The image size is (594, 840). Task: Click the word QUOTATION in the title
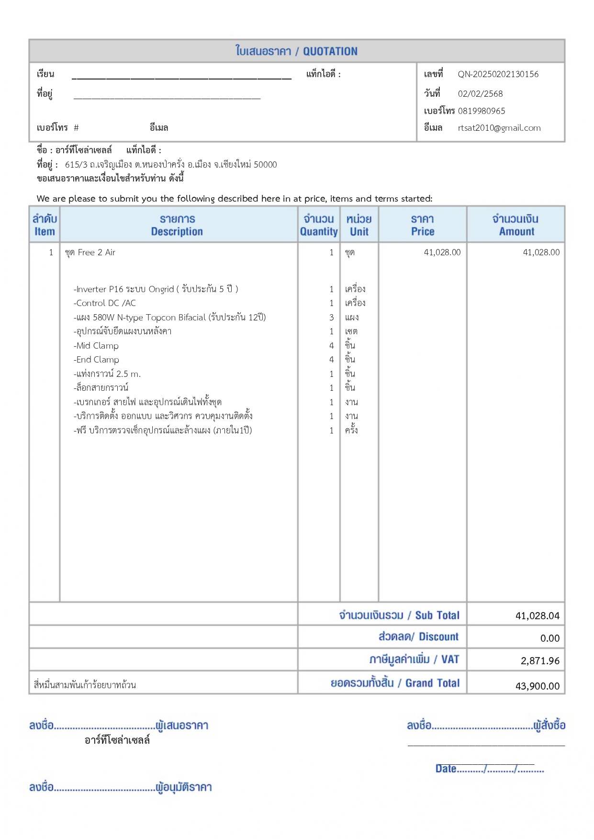pyautogui.click(x=330, y=51)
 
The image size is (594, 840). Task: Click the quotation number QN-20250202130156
pyautogui.click(x=498, y=74)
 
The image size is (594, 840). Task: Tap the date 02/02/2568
pyautogui.click(x=480, y=94)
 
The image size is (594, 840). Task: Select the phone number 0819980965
pyautogui.click(x=481, y=111)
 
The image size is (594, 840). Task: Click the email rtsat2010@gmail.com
pyautogui.click(x=499, y=128)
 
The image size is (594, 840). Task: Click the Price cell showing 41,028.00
pyautogui.click(x=442, y=252)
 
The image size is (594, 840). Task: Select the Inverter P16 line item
pyautogui.click(x=156, y=289)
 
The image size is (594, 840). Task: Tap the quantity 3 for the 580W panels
pyautogui.click(x=331, y=318)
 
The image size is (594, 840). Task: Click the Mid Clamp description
pyautogui.click(x=96, y=346)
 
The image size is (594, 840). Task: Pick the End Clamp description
pyautogui.click(x=97, y=360)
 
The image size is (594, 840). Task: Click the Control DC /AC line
pyautogui.click(x=105, y=303)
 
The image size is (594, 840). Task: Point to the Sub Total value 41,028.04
pyautogui.click(x=537, y=616)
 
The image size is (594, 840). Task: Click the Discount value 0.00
pyautogui.click(x=549, y=638)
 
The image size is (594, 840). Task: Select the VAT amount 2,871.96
pyautogui.click(x=540, y=661)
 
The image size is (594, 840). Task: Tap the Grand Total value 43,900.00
pyautogui.click(x=537, y=686)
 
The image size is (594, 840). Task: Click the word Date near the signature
pyautogui.click(x=446, y=769)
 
